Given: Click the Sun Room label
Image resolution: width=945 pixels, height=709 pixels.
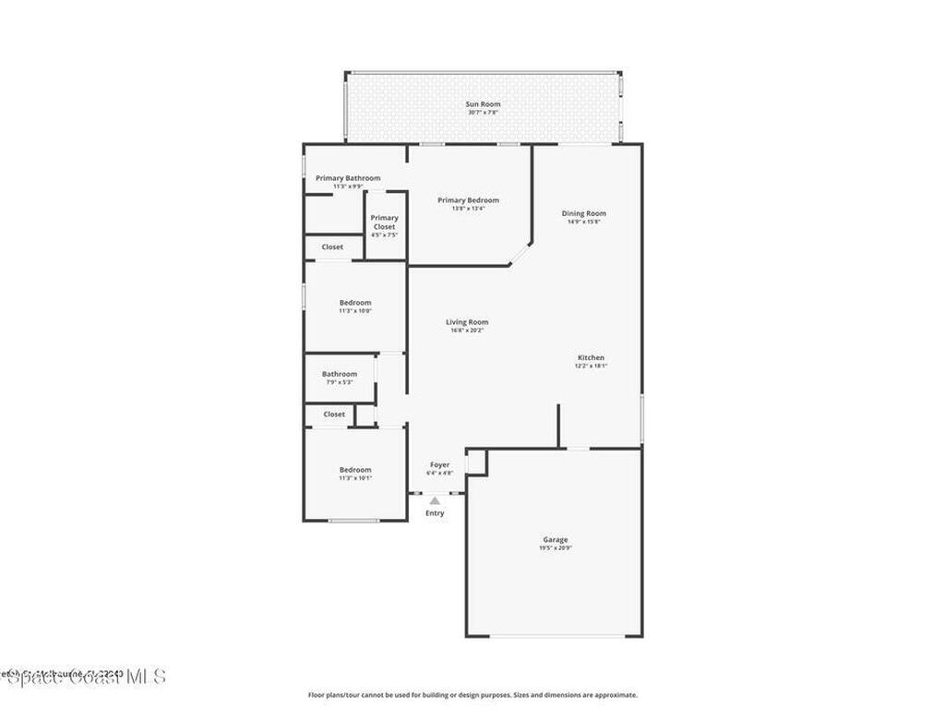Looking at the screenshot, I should tap(483, 104).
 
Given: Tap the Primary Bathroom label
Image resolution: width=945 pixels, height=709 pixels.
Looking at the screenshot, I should tap(348, 178).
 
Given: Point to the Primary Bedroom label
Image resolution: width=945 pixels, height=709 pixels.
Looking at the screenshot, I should tap(468, 200).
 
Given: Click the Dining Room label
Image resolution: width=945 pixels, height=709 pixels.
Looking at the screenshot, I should tap(584, 213).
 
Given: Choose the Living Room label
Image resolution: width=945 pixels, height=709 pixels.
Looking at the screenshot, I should tap(467, 322).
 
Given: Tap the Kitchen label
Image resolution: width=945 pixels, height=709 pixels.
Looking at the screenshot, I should tap(591, 357).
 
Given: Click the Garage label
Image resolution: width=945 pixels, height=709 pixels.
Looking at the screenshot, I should tap(556, 539).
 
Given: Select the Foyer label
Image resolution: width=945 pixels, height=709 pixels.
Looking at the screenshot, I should tap(440, 464).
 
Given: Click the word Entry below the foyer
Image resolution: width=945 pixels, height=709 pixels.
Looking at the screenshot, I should tap(435, 513).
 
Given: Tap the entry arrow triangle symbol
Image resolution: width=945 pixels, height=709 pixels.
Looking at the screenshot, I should tap(435, 500).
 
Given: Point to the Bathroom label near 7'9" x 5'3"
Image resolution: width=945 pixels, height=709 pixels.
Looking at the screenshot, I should tap(340, 374).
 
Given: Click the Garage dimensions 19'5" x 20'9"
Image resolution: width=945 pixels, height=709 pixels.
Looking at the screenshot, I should tap(556, 548).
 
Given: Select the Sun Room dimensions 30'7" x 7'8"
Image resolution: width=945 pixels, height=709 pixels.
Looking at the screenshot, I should tap(483, 113).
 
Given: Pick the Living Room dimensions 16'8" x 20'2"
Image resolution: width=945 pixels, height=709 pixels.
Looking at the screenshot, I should tap(467, 330).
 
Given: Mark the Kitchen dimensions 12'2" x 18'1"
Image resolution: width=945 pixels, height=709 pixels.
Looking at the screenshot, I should tap(591, 366).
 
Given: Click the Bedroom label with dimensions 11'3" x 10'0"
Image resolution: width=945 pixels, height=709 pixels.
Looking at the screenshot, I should tap(355, 303).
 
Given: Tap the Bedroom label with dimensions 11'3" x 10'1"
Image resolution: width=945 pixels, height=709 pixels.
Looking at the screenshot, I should tap(355, 470).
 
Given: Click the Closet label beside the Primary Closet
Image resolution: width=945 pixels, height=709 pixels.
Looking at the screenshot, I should tap(332, 247).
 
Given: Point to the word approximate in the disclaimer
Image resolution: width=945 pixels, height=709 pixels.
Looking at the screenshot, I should tap(616, 695).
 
